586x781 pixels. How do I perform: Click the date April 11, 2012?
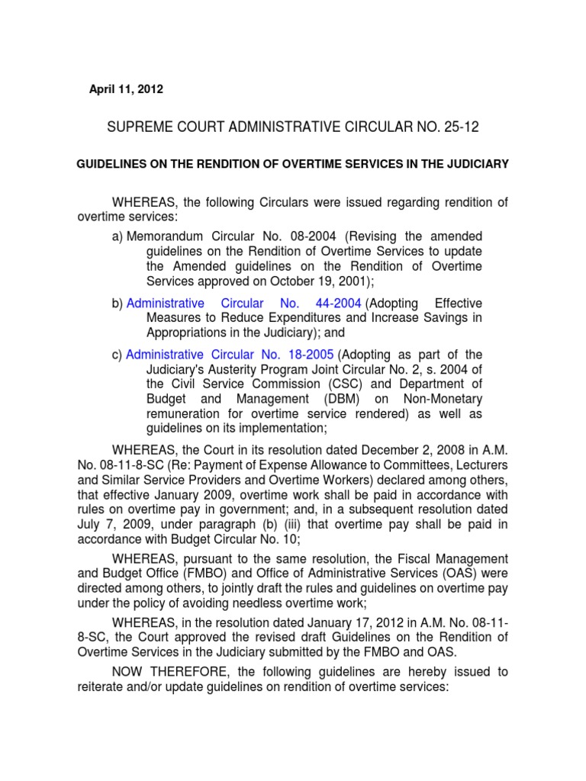tap(126, 89)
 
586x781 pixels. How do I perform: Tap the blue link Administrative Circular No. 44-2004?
tap(243, 304)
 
